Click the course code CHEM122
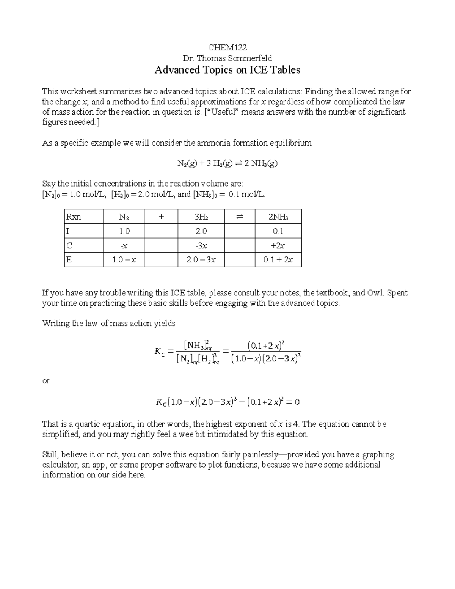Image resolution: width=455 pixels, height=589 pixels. [227, 47]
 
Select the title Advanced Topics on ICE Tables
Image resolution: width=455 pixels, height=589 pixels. [227, 70]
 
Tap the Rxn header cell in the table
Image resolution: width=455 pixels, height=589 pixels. [74, 217]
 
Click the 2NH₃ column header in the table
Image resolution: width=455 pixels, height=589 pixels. [278, 217]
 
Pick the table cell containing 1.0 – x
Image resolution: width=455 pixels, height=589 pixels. [124, 260]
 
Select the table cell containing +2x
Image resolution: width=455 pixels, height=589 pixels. [278, 246]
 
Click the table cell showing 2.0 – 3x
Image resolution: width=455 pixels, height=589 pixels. [201, 260]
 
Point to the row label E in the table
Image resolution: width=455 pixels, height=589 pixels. [69, 260]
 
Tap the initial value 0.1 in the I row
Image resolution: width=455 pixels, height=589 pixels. [278, 231]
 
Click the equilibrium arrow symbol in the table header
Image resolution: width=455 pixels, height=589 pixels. [239, 217]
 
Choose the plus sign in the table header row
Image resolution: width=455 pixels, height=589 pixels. [161, 217]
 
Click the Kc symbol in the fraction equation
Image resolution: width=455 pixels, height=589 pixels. [159, 352]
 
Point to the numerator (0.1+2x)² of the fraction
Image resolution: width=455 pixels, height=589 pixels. [266, 346]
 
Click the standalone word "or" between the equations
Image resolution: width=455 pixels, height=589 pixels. [46, 381]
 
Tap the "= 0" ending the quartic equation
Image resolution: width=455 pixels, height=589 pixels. [294, 402]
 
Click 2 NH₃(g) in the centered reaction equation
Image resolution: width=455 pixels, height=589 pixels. [261, 163]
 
